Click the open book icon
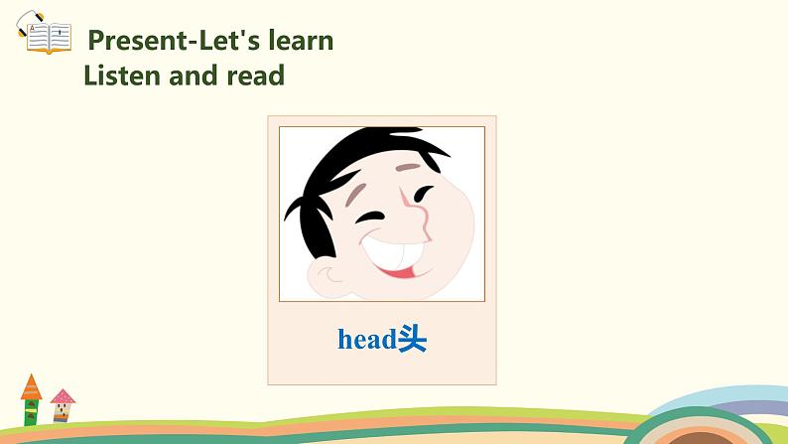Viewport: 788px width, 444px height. point(47,38)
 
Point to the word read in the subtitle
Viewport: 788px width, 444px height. point(257,74)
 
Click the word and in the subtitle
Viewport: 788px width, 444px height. point(197,74)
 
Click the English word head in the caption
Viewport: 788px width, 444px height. point(366,340)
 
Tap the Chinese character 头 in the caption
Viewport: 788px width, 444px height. point(412,340)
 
